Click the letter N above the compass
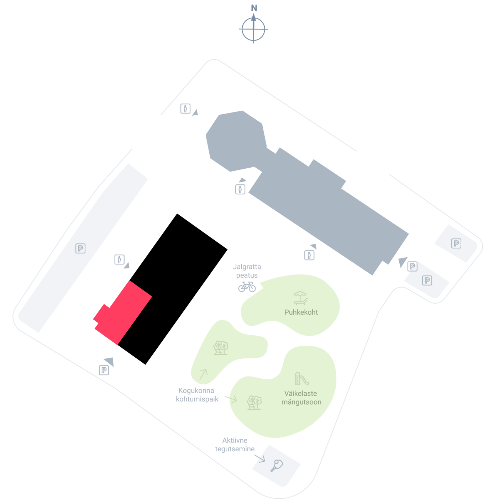[x=254, y=8]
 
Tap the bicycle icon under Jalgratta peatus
[x=247, y=287]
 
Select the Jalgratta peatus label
[x=247, y=271]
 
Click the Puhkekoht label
[x=301, y=312]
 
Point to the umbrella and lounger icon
[x=300, y=298]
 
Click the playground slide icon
[x=302, y=379]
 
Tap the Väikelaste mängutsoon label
[x=301, y=398]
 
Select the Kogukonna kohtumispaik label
[x=197, y=395]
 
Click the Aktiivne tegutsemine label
[x=235, y=445]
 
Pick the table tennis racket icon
[x=277, y=466]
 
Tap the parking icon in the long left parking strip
[x=80, y=248]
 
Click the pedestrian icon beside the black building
[x=119, y=260]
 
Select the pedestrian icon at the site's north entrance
[x=185, y=109]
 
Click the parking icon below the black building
[x=104, y=370]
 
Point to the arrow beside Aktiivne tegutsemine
[x=260, y=458]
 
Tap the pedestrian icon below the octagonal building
[x=240, y=189]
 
